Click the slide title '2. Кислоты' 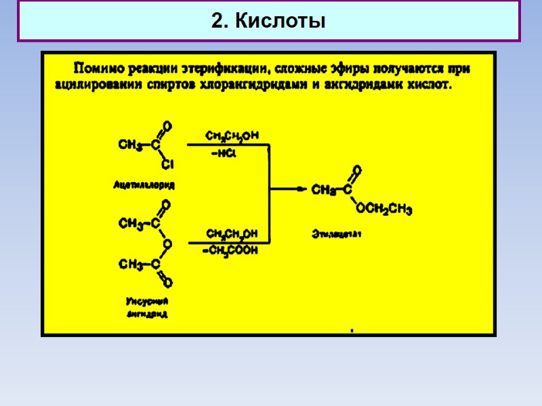coord(268,22)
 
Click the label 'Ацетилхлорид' coord(144,184)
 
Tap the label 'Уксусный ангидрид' coord(147,307)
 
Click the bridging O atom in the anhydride coord(167,244)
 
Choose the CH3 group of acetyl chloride coord(129,144)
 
